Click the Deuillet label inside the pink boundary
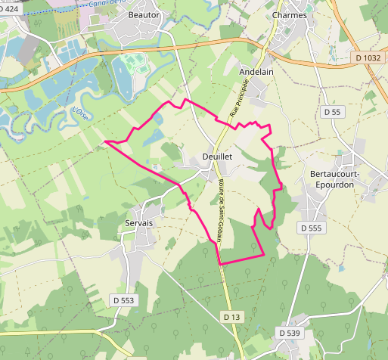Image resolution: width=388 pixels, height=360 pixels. tap(217, 157)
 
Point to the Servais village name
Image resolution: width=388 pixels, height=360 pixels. tap(138, 223)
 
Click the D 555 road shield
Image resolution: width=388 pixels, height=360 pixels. tap(310, 228)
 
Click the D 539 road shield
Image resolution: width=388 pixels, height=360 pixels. tap(290, 333)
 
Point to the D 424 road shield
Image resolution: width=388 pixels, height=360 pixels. tap(9, 9)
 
